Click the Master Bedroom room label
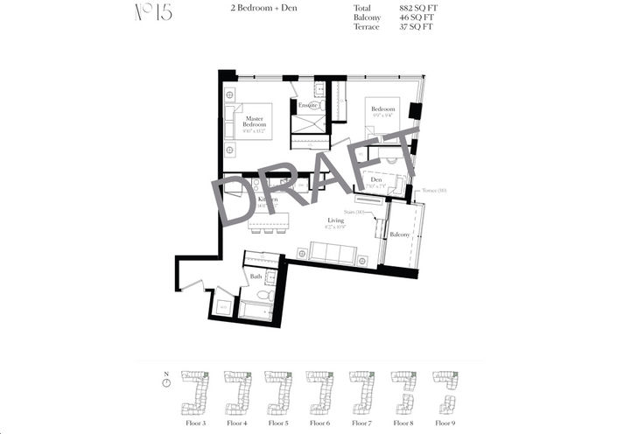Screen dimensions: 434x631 pyautogui.click(x=255, y=122)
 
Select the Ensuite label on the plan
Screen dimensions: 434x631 pyautogui.click(x=307, y=106)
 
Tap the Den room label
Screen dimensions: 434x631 pyautogui.click(x=375, y=180)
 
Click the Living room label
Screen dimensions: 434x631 pyautogui.click(x=335, y=220)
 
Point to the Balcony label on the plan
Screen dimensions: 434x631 pyautogui.click(x=400, y=234)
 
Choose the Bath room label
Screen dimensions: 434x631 pyautogui.click(x=256, y=276)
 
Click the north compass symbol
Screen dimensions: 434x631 pyautogui.click(x=166, y=382)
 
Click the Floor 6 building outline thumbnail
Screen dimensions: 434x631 pyautogui.click(x=319, y=392)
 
